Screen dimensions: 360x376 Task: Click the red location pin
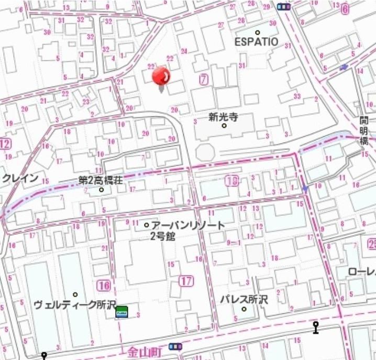tap(161, 77)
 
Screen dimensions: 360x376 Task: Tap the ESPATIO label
tap(257, 41)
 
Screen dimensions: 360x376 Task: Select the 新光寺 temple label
tap(223, 117)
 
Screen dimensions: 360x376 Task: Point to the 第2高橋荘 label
tap(101, 180)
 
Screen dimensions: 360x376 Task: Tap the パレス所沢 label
tap(244, 300)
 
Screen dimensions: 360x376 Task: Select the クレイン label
tap(20, 178)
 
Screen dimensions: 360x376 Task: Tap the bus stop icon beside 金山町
tap(175, 347)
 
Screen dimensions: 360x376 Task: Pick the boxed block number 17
tap(186, 281)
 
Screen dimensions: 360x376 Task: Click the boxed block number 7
tap(204, 80)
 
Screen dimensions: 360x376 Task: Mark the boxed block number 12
tap(5, 144)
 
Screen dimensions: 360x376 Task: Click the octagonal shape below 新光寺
tap(205, 152)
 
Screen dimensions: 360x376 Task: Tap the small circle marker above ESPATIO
tap(257, 32)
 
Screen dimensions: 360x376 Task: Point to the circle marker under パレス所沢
tap(244, 309)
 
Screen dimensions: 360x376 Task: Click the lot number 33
tap(297, 96)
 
